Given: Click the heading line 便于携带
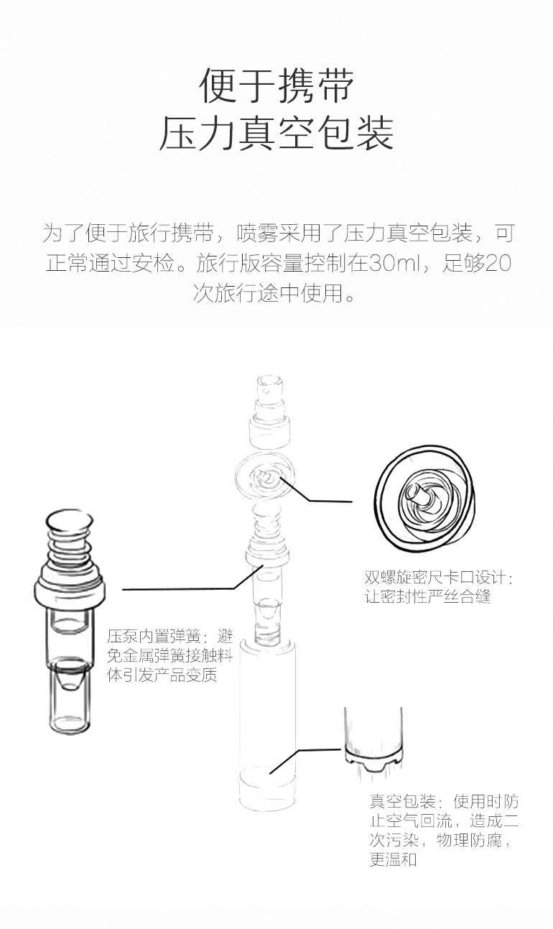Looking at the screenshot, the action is point(276,85).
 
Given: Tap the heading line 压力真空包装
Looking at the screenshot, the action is point(276,133).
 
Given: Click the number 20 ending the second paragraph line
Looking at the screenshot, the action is point(498,263).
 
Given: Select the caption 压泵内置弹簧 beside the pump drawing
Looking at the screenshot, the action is point(154,636).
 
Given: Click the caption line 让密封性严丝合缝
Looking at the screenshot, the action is point(427,596).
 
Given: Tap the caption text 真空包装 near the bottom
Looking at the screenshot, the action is point(402,801).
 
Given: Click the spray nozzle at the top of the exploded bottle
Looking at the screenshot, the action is point(269,388).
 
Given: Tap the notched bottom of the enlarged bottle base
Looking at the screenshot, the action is point(373,762).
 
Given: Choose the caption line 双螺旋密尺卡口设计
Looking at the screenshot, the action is point(439,578).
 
